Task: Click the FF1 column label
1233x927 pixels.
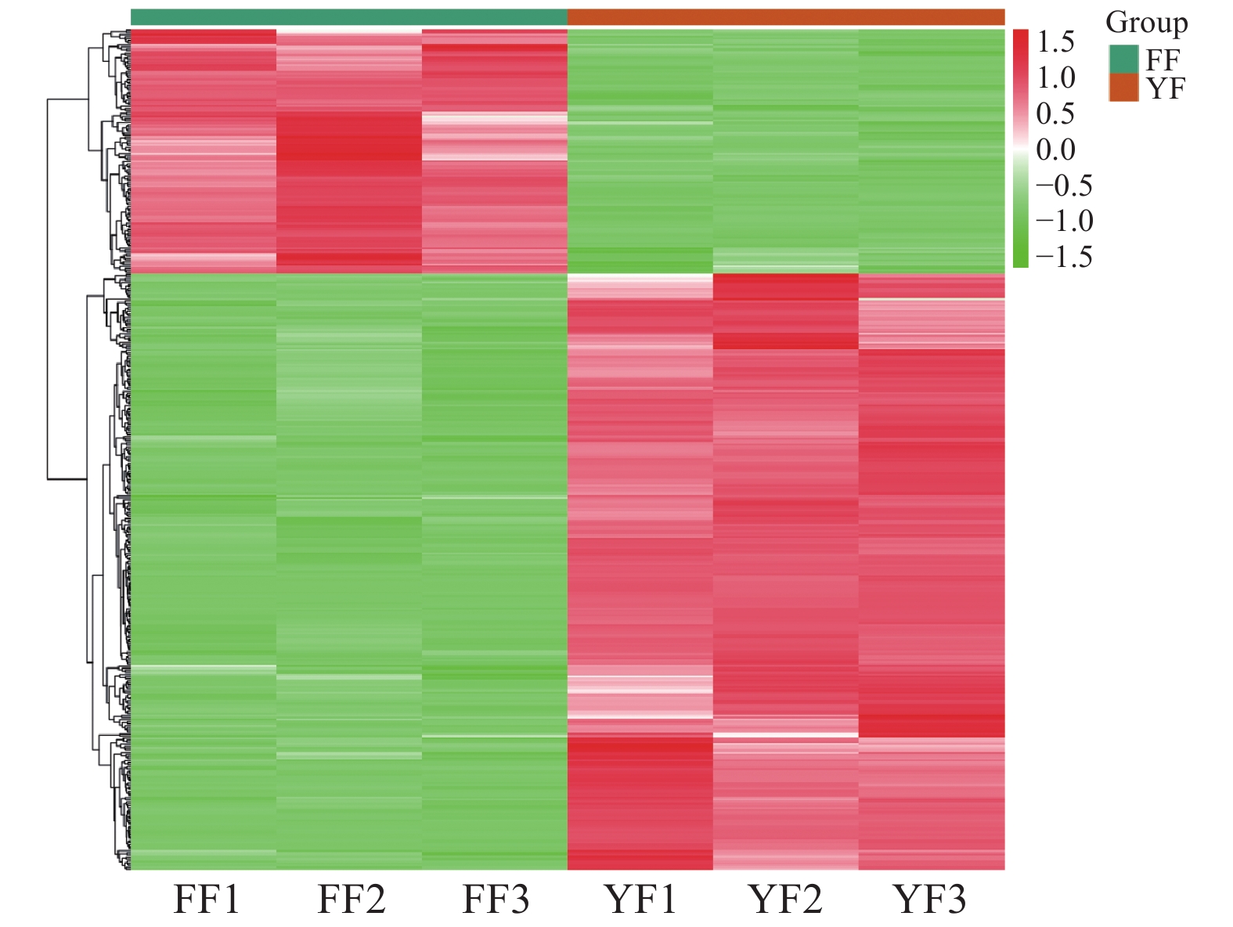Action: [207, 899]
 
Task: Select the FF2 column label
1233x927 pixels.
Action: [352, 899]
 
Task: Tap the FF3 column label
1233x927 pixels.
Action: [496, 899]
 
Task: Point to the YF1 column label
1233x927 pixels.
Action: [640, 899]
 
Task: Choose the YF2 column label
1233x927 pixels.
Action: [786, 899]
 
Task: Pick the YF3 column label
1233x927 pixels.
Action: [931, 899]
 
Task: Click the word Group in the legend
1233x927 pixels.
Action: [1146, 23]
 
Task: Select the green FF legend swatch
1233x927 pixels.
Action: [1123, 59]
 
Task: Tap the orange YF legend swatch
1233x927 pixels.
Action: [1123, 88]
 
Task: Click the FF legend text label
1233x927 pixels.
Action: [1163, 60]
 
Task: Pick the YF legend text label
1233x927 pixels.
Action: [1166, 88]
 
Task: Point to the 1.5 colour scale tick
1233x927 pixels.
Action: [1055, 42]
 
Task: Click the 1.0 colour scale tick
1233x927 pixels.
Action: [1055, 78]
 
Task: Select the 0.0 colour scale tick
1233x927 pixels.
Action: [1055, 150]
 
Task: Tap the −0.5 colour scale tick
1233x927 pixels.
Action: [1063, 186]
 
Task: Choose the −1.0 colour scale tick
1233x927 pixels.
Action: [1063, 221]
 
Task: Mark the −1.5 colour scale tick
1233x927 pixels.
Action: [1063, 257]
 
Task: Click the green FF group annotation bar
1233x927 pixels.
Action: [348, 17]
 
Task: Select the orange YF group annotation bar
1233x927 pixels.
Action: [785, 17]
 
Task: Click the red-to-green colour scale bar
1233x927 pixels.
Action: [1020, 149]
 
